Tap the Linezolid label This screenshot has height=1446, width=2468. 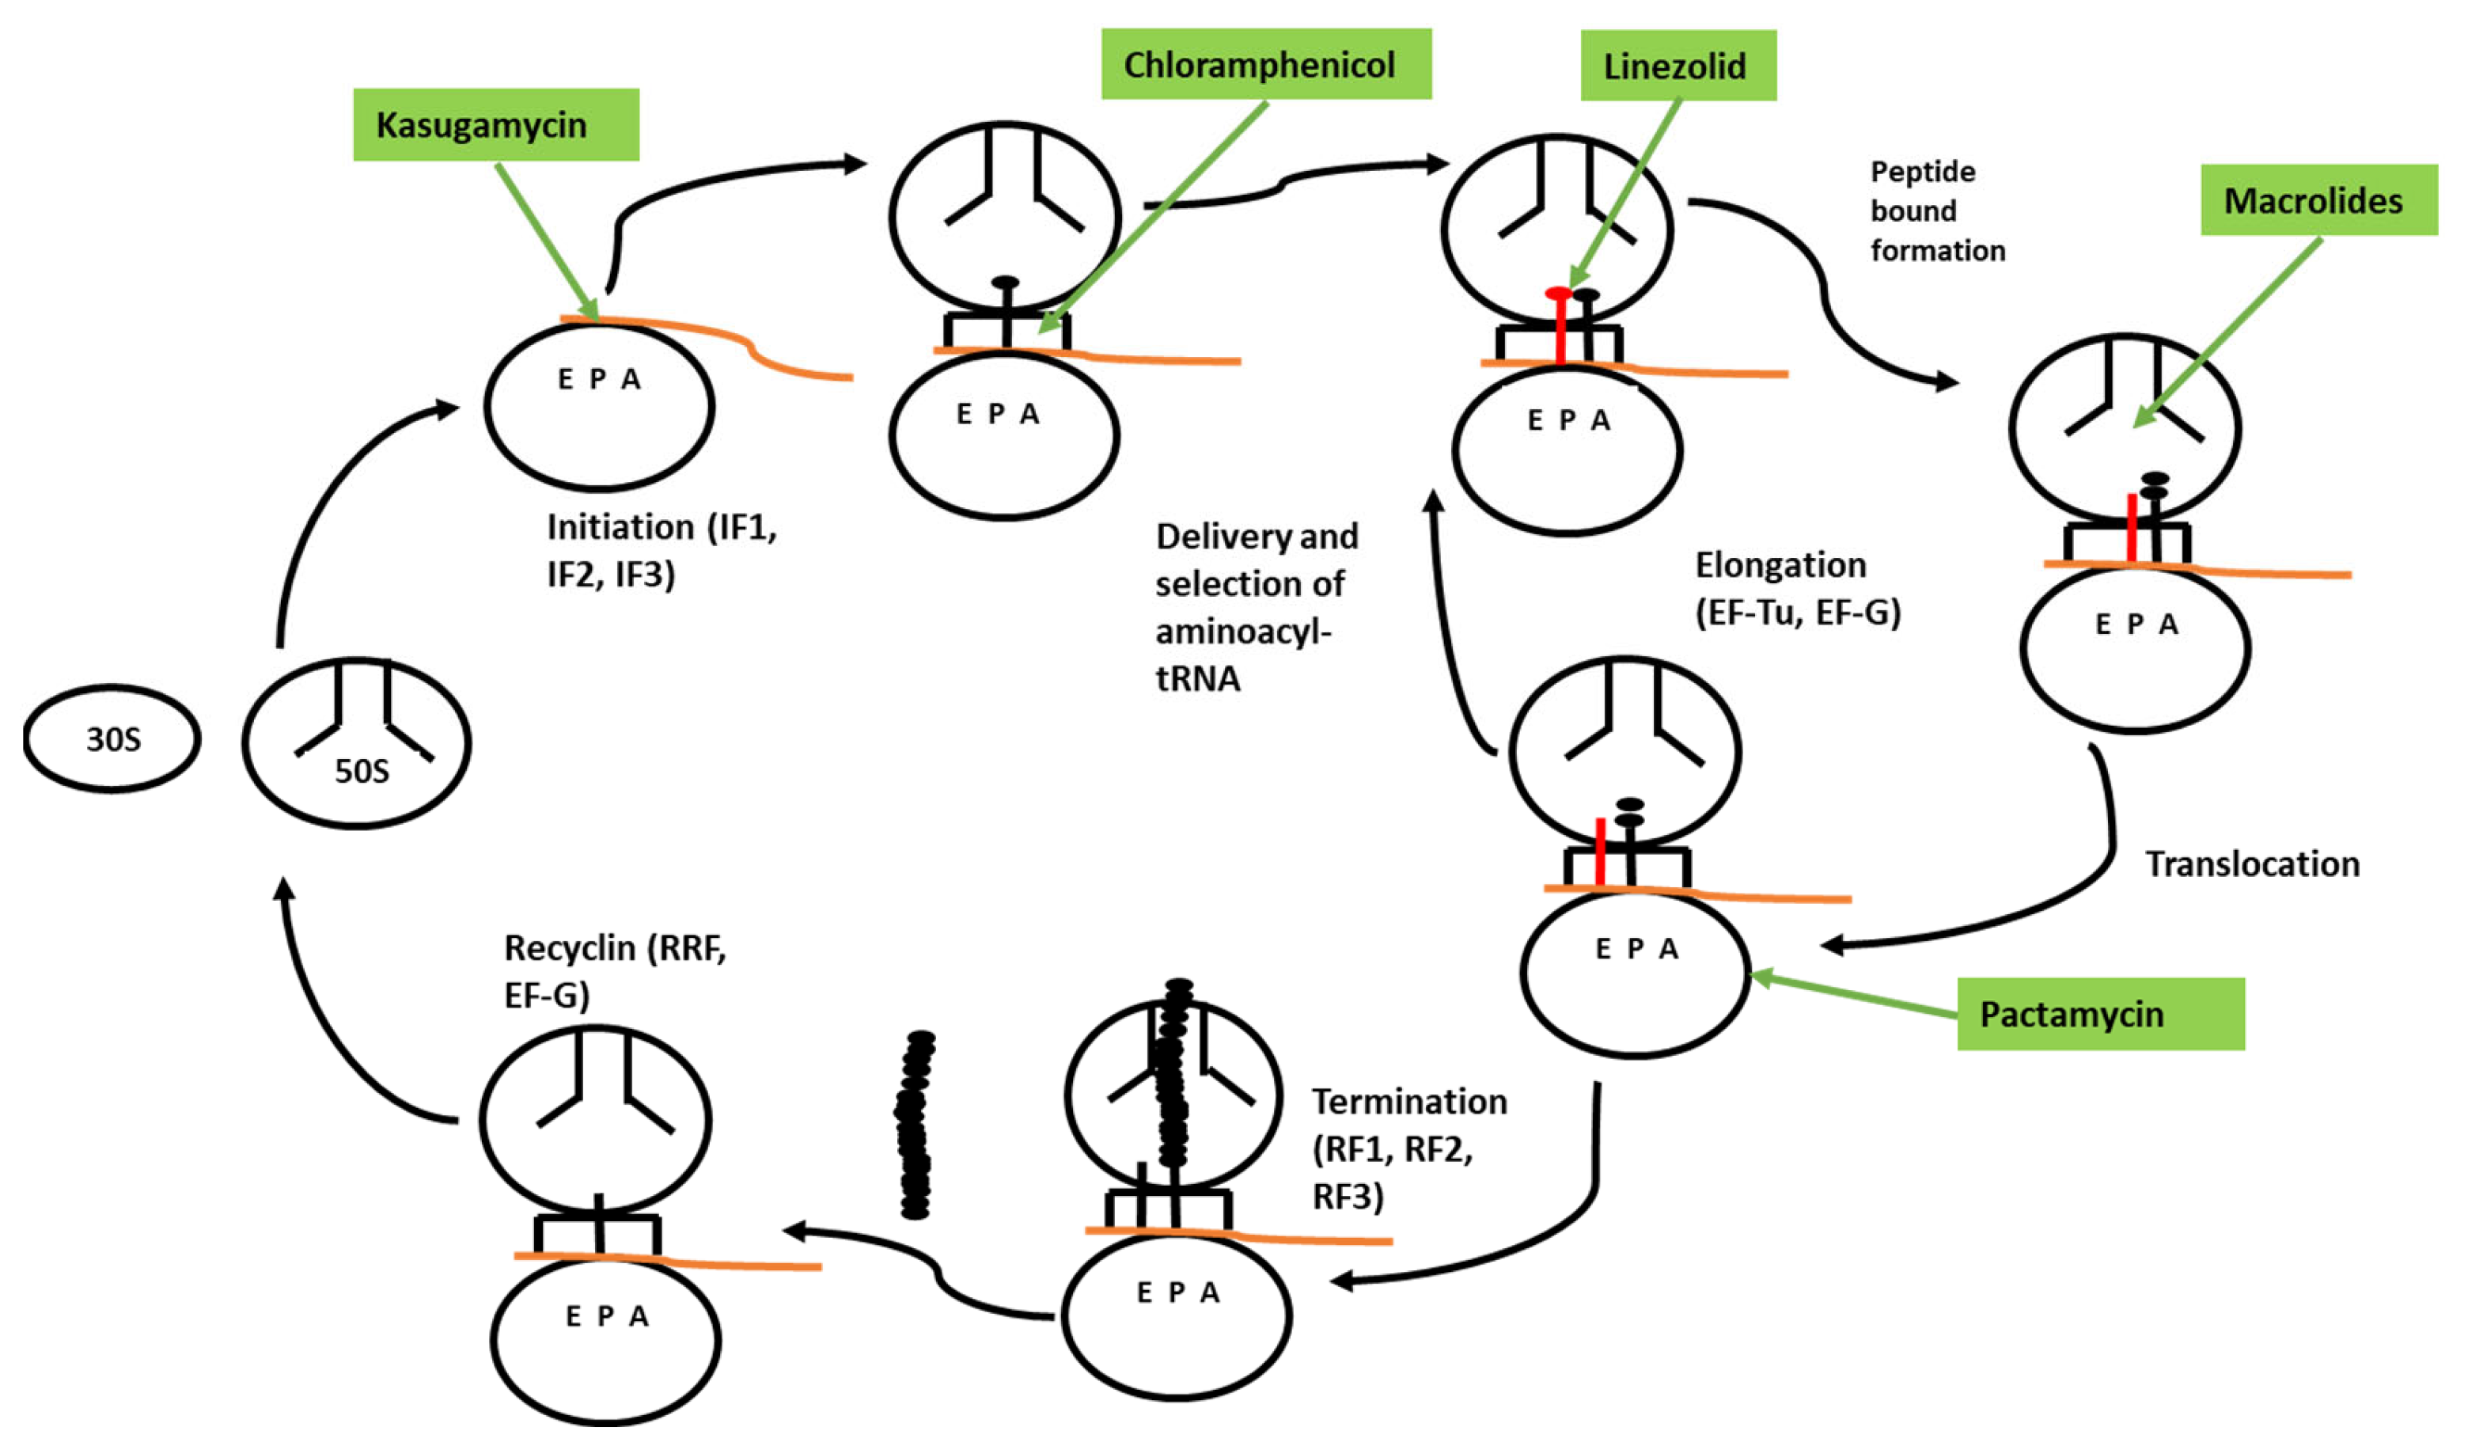[1678, 66]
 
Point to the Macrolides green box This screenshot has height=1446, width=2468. [2317, 200]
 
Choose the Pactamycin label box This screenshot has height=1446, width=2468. [2100, 1015]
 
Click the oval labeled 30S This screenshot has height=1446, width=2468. [112, 738]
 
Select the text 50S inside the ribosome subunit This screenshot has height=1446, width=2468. [362, 771]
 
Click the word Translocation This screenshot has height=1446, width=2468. [2251, 864]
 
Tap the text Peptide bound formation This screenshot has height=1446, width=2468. [1936, 211]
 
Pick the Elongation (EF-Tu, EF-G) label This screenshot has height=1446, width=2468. [1797, 588]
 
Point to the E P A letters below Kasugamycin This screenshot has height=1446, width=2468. [598, 379]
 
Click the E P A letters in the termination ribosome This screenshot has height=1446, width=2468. [1177, 1293]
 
